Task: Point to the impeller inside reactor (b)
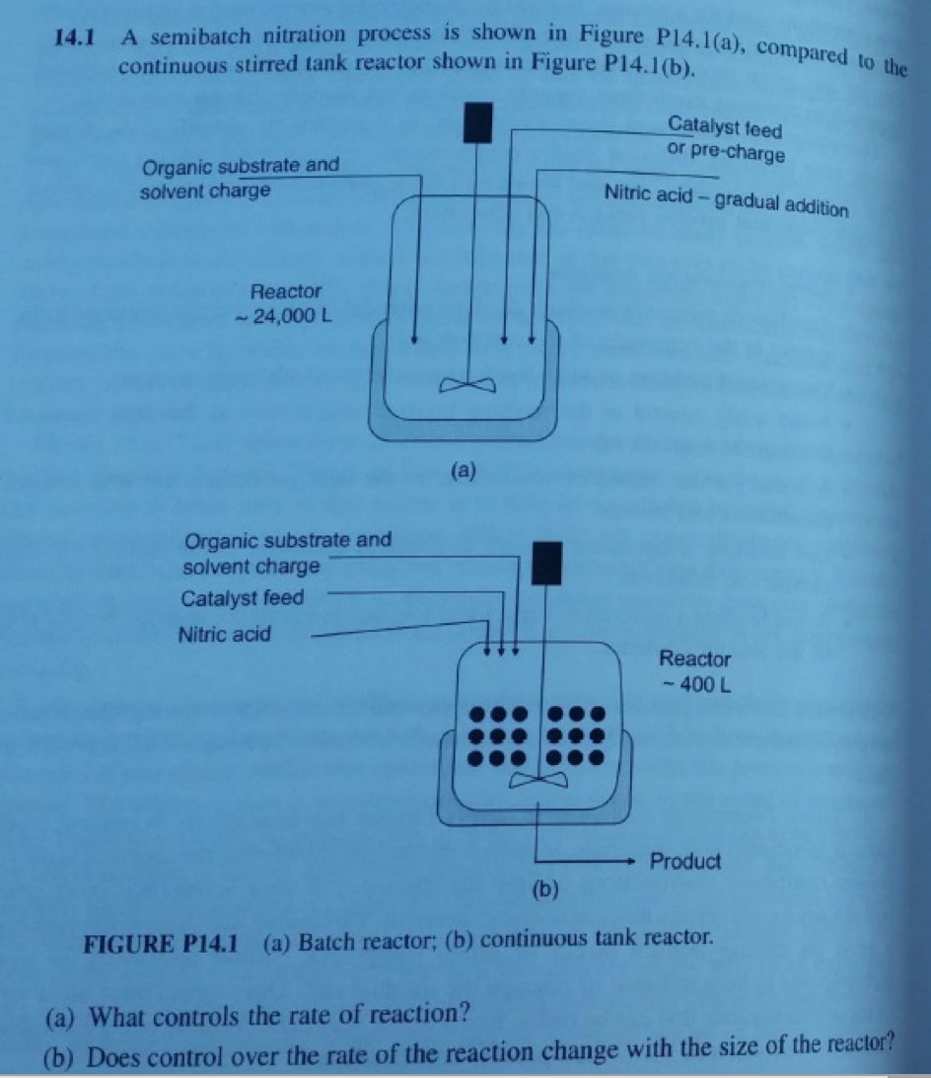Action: coord(538,781)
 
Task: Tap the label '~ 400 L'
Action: coord(694,683)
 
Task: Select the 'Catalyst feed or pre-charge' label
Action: coord(725,140)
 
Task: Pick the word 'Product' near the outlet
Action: coord(685,861)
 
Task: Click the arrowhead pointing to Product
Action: coord(636,861)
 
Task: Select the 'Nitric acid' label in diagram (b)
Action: coord(224,634)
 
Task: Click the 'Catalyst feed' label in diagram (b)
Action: coord(243,598)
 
